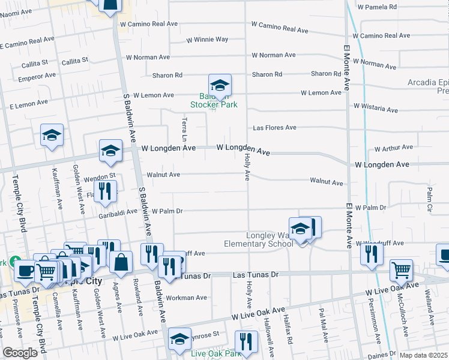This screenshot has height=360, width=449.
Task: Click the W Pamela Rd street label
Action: pos(377,7)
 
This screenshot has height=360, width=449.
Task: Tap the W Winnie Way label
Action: pos(207,40)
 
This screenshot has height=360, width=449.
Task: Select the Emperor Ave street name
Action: pos(37,77)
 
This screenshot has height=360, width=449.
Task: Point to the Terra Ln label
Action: pos(185,130)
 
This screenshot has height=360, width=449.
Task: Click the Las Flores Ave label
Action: pos(274,128)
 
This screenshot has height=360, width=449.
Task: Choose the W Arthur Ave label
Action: pos(393,148)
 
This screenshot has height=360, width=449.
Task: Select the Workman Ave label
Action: pos(187,298)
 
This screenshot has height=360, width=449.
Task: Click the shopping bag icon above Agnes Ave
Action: pos(121,262)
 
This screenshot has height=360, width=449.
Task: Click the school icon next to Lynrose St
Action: pos(179,339)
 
